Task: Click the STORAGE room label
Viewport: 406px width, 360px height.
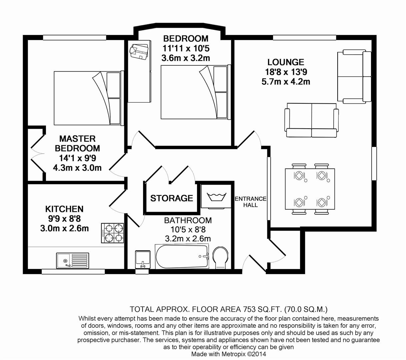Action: tap(172, 198)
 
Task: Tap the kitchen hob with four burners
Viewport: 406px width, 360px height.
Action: tap(112, 233)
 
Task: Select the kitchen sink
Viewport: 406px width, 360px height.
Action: tap(73, 261)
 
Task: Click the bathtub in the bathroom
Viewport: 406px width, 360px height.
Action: tap(182, 256)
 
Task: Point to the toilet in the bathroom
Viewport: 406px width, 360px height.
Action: tap(220, 258)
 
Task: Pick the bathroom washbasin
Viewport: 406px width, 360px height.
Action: tap(143, 259)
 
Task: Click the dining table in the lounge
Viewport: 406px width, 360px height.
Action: tap(310, 189)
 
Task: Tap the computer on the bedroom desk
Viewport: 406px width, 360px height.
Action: tap(139, 51)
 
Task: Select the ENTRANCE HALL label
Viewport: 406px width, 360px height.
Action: tap(250, 202)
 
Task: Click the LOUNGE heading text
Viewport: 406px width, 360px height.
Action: tap(286, 62)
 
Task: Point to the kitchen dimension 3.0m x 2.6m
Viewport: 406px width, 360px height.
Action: tap(64, 228)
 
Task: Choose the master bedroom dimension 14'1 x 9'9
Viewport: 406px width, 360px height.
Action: tap(77, 158)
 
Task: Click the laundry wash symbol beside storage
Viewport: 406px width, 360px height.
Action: tap(216, 197)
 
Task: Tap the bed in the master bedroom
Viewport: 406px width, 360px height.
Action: tap(87, 98)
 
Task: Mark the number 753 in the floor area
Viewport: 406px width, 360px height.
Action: tap(249, 309)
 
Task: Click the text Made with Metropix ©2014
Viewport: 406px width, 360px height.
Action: tap(229, 354)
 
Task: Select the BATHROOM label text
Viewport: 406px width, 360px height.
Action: tap(188, 220)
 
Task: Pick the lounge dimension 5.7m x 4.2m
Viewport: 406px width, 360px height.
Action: tap(286, 82)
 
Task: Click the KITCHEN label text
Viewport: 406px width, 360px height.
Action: tap(64, 209)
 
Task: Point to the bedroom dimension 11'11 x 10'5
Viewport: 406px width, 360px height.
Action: tap(186, 48)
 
